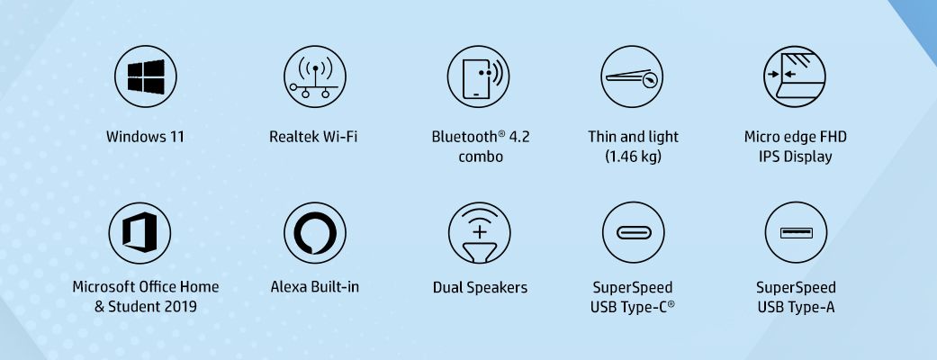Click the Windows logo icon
pyautogui.click(x=145, y=76)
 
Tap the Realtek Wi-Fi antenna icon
pyautogui.click(x=315, y=76)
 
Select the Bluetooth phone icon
pyautogui.click(x=478, y=76)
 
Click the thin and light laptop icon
pyautogui.click(x=632, y=76)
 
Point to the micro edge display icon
pyautogui.click(x=795, y=76)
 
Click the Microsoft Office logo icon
pyautogui.click(x=140, y=232)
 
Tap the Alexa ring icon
pyautogui.click(x=315, y=232)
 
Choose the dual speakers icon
pyautogui.click(x=479, y=232)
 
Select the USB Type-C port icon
pyautogui.click(x=634, y=232)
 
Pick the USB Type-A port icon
pyautogui.click(x=796, y=232)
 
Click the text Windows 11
pyautogui.click(x=145, y=137)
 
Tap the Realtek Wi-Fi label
pyautogui.click(x=314, y=137)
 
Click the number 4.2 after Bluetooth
pyautogui.click(x=519, y=137)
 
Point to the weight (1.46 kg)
pyautogui.click(x=633, y=157)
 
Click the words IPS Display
pyautogui.click(x=796, y=157)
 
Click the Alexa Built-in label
pyautogui.click(x=315, y=287)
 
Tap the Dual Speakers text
pyautogui.click(x=480, y=288)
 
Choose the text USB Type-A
pyautogui.click(x=796, y=308)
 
